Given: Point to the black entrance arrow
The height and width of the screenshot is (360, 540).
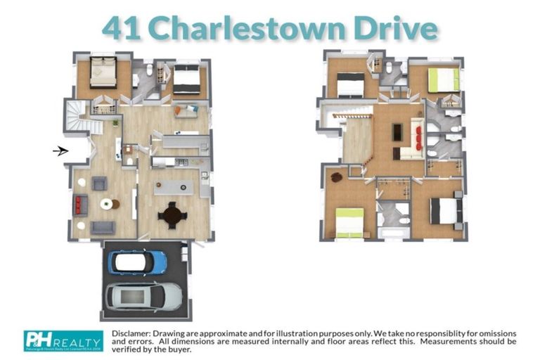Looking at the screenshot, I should pos(60,150).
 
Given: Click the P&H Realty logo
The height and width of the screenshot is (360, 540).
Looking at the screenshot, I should pos(64,340).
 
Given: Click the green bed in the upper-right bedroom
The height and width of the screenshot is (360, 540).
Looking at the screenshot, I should pos(443,79).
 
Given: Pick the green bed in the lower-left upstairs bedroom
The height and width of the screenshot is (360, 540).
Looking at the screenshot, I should pos(349,223).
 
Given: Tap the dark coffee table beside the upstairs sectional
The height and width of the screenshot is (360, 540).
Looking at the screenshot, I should pos(398,131).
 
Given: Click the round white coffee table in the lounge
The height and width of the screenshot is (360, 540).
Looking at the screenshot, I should pos(105,205).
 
